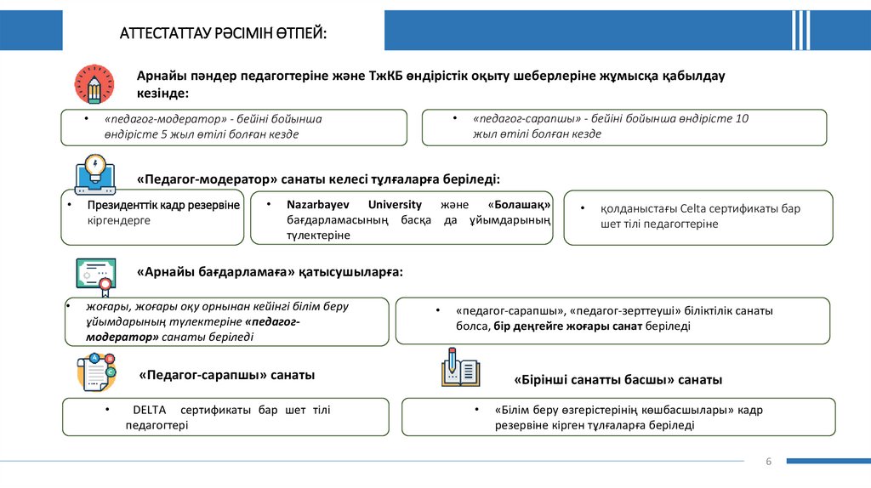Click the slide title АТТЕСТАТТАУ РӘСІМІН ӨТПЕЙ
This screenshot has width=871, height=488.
coord(223,32)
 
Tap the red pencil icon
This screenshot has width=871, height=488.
coord(94,84)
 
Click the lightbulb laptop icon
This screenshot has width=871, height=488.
coord(95,174)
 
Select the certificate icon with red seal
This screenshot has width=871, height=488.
coord(94,275)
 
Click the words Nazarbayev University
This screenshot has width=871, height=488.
coord(354,205)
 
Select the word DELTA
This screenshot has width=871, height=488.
coord(150,410)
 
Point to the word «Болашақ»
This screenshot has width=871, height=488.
coord(520,205)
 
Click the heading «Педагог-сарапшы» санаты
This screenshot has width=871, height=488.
coord(227,375)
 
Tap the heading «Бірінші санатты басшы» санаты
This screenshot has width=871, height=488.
coord(618,379)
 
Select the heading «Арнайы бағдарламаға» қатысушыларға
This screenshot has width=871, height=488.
coord(270,272)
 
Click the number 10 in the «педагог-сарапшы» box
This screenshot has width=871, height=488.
coord(742,119)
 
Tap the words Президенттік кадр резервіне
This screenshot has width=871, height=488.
coord(163,206)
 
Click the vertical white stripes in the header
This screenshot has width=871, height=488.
coord(800,31)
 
